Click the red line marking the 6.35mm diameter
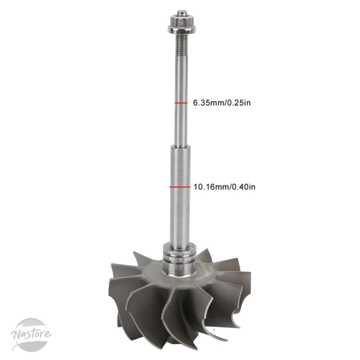tap(181, 103)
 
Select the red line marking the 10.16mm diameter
tap(180, 187)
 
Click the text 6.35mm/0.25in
tap(222, 103)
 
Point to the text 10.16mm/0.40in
tap(224, 187)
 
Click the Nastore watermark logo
tap(31, 334)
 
